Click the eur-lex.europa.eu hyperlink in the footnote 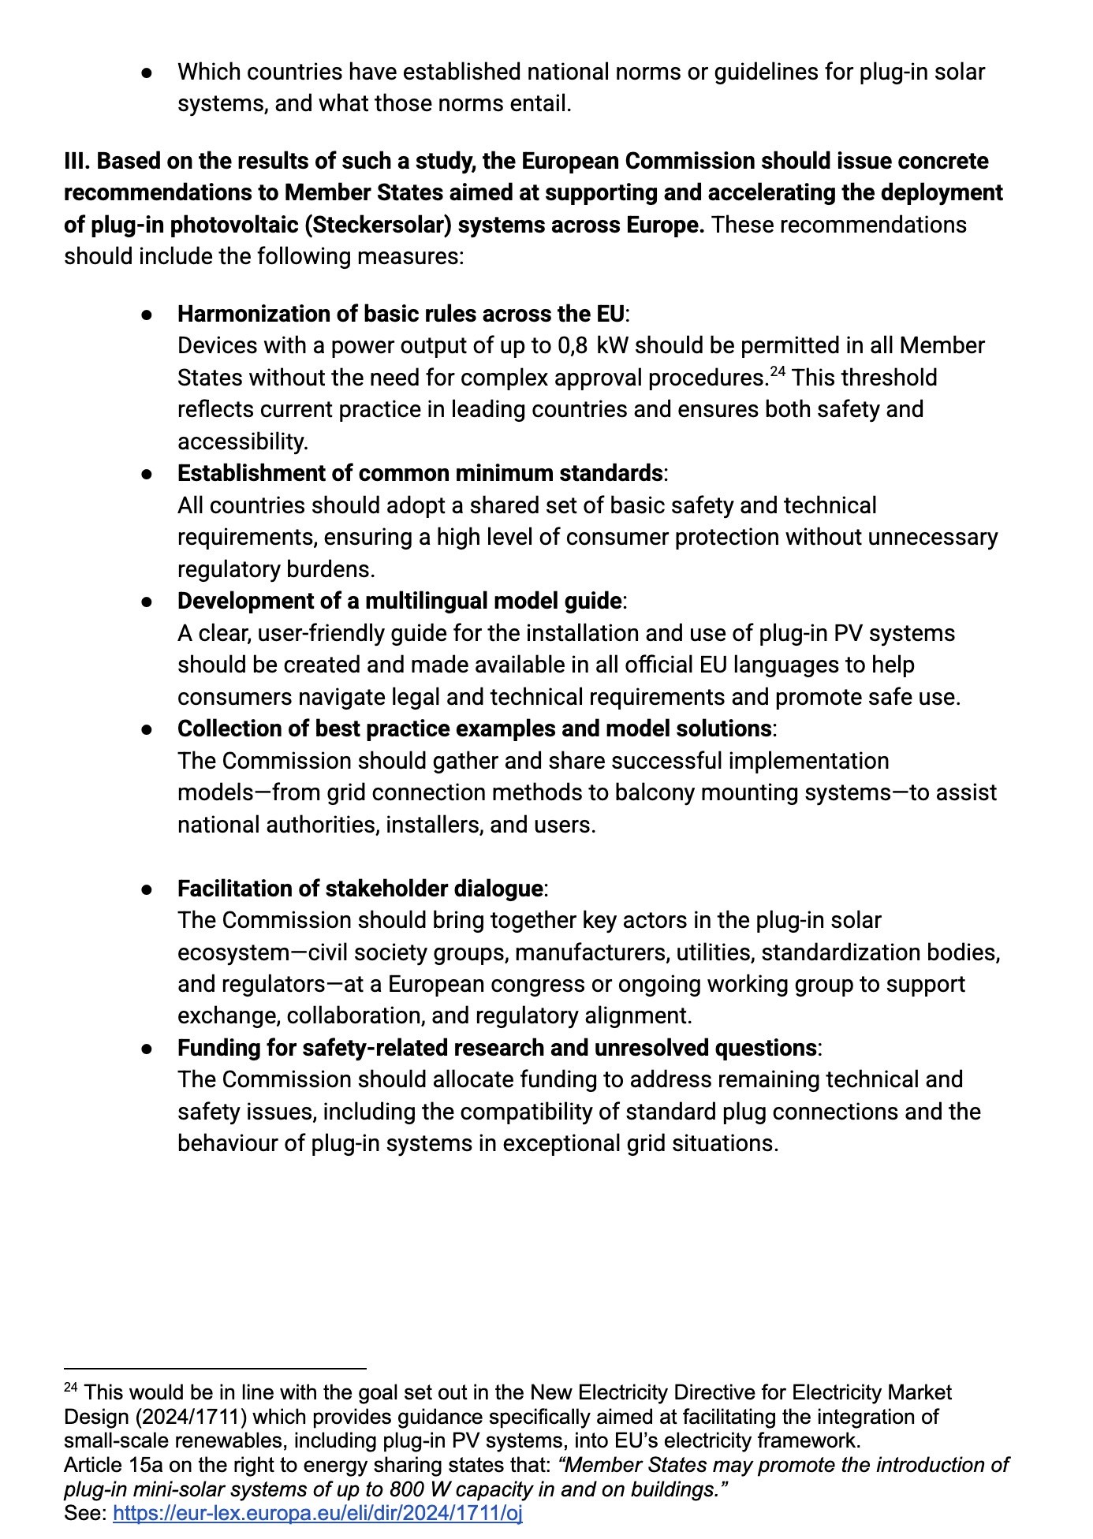[x=318, y=1513]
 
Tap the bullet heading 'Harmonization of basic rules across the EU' [x=401, y=314]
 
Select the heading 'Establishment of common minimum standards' [x=420, y=473]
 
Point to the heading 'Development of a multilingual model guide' [x=399, y=601]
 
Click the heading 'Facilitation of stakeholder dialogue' [x=360, y=889]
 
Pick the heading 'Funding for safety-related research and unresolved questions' [x=497, y=1048]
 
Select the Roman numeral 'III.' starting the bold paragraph [x=77, y=161]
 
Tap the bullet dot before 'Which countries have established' [x=147, y=73]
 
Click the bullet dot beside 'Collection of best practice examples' [x=147, y=729]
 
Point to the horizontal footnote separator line [x=215, y=1369]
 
